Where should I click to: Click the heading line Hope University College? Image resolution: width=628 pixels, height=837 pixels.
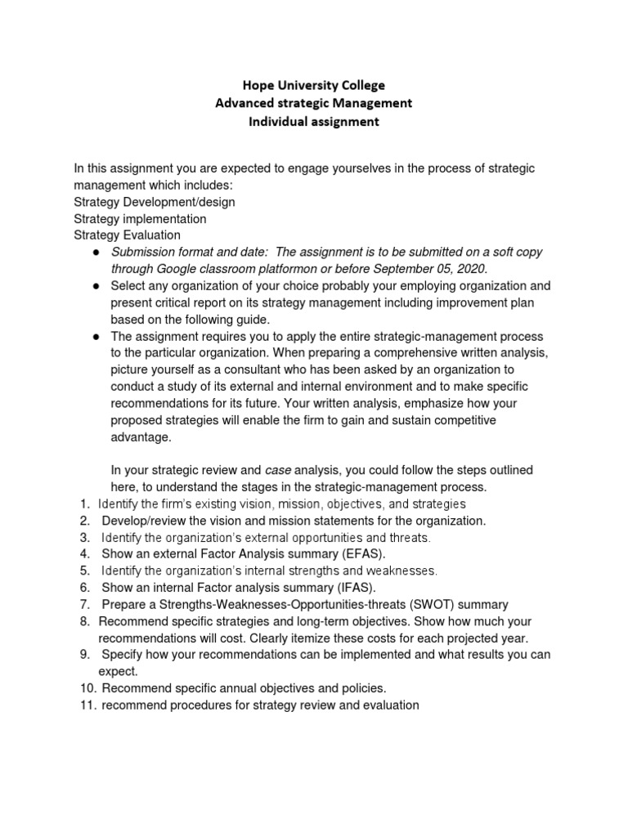point(314,85)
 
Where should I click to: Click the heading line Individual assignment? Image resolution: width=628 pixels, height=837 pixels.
point(314,122)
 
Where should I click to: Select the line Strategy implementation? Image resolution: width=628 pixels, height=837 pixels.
point(140,219)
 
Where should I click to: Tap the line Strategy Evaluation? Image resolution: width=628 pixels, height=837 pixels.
point(127,235)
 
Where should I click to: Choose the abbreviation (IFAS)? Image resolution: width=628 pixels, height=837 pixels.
point(355,587)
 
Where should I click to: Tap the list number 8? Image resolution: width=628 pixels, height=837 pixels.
point(84,621)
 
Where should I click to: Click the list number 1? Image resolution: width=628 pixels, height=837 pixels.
point(84,504)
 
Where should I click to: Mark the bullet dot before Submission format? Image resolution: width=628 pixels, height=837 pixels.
point(96,253)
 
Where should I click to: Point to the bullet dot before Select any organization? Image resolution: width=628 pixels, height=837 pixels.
point(96,286)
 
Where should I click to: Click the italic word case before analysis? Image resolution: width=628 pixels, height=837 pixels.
point(276,470)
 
